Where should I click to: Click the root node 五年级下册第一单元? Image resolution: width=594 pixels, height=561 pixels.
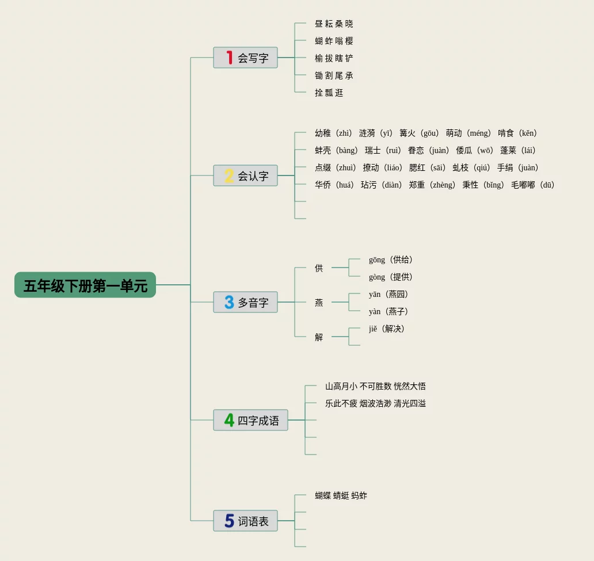(x=85, y=285)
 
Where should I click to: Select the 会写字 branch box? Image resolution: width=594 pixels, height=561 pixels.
(x=245, y=58)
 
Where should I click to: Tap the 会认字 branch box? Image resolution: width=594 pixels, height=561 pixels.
(x=245, y=175)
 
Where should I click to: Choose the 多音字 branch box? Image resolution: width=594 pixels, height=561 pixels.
(x=245, y=302)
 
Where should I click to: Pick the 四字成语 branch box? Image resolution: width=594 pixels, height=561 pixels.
(x=250, y=420)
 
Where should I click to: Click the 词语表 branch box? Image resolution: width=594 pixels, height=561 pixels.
(x=245, y=521)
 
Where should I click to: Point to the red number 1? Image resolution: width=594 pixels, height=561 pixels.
(x=229, y=58)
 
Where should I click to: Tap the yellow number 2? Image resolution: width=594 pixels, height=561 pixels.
(x=229, y=175)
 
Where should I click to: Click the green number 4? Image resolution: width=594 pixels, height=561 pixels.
(x=229, y=420)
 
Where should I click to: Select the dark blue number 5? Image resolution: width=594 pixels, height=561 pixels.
(x=229, y=521)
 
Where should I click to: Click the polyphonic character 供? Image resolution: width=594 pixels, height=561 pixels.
(x=319, y=268)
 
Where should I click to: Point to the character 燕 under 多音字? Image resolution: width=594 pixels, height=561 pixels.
(x=319, y=302)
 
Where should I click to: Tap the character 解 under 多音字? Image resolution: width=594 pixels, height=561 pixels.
(x=319, y=337)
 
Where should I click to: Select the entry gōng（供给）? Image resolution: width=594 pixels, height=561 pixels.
(x=391, y=259)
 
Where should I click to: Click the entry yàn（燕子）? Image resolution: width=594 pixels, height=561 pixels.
(x=389, y=311)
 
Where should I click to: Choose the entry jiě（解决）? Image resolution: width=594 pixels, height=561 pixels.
(x=387, y=329)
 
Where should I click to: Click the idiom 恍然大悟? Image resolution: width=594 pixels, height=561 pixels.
(x=410, y=386)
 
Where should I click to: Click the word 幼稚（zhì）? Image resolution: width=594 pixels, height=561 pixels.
(x=333, y=133)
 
